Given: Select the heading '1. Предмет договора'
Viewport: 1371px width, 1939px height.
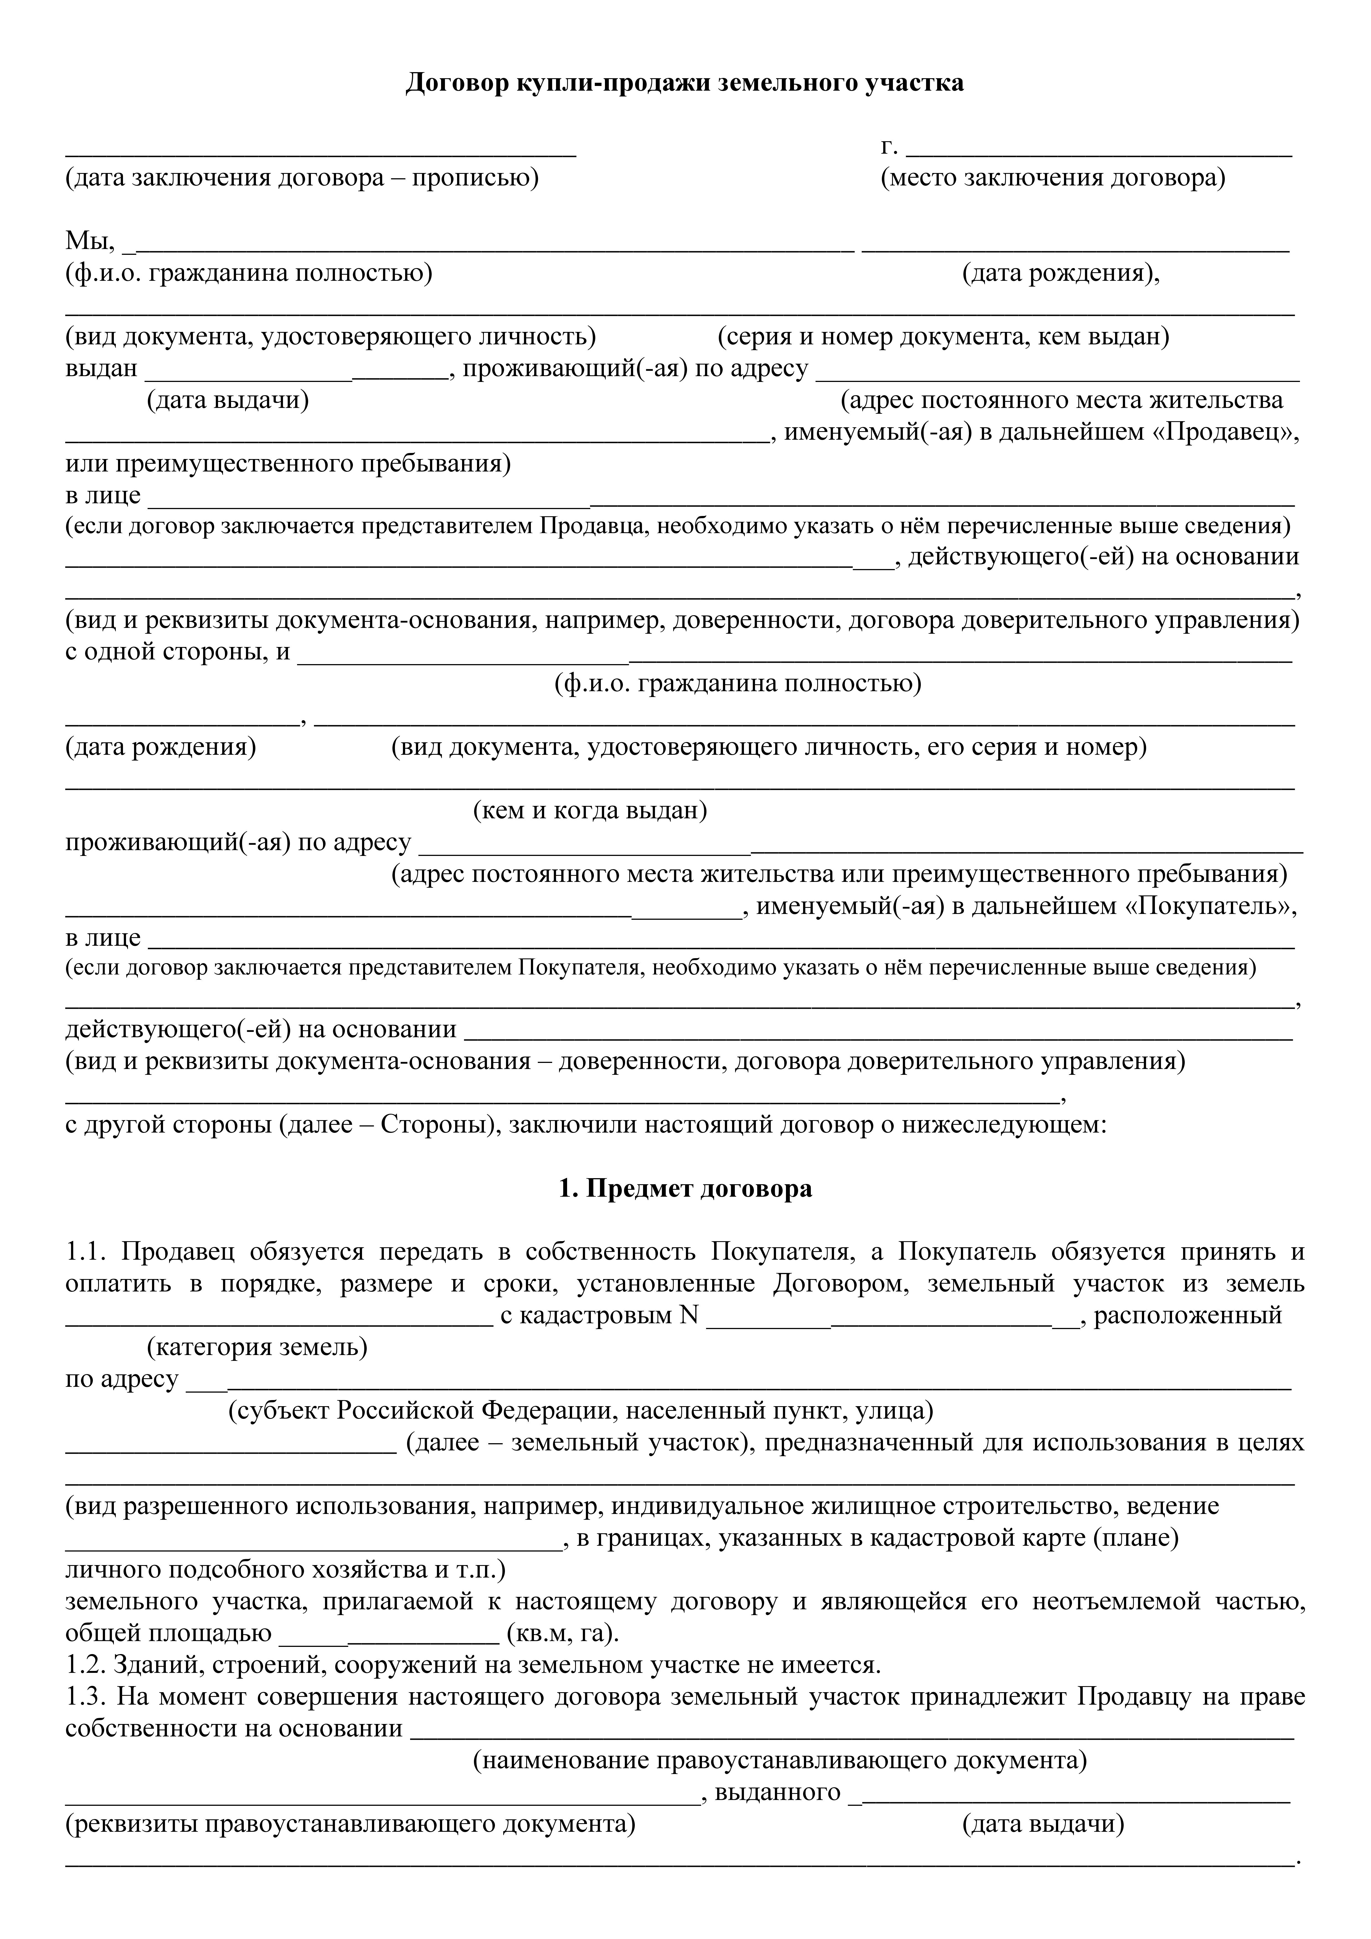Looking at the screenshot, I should pos(685,1188).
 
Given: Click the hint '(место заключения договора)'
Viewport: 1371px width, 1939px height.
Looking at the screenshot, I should pos(1053,178).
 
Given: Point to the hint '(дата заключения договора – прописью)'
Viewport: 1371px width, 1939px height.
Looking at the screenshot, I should pos(302,178).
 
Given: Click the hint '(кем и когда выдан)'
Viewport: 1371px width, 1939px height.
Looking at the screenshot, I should pos(590,811).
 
